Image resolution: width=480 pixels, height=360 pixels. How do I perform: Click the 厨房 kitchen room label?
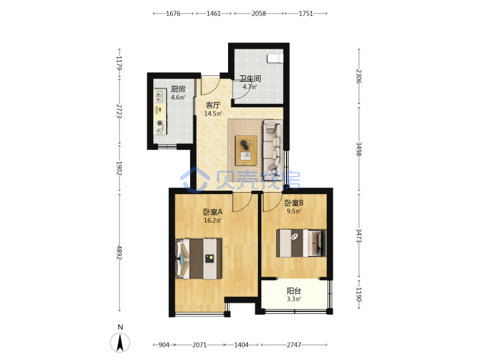point(178,89)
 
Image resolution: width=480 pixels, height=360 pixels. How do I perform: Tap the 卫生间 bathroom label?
point(250,79)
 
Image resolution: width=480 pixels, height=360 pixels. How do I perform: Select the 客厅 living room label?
point(213,105)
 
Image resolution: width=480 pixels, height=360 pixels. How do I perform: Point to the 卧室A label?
point(213,212)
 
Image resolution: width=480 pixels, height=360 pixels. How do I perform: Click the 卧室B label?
point(294,203)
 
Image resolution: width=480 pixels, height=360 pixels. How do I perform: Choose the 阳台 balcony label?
point(294,291)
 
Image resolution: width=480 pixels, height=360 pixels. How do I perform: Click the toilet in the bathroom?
point(275,58)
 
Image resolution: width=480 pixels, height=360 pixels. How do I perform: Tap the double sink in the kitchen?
point(159,96)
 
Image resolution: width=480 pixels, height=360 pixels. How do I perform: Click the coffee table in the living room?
point(246,151)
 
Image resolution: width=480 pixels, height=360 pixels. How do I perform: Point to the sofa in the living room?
point(273,145)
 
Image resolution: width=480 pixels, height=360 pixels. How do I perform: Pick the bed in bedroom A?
point(199,259)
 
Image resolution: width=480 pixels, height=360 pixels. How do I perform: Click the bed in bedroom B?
point(301,243)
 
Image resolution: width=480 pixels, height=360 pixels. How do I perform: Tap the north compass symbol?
point(120,342)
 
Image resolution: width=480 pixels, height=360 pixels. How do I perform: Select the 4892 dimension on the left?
point(119,253)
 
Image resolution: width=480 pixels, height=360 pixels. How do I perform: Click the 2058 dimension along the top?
point(259,13)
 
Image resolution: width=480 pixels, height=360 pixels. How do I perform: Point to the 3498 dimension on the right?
point(359,149)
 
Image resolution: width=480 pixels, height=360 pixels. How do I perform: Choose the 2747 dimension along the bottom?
point(294,345)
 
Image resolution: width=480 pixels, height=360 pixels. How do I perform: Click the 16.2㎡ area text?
point(213,221)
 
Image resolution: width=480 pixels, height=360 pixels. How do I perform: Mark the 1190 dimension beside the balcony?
point(359,294)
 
